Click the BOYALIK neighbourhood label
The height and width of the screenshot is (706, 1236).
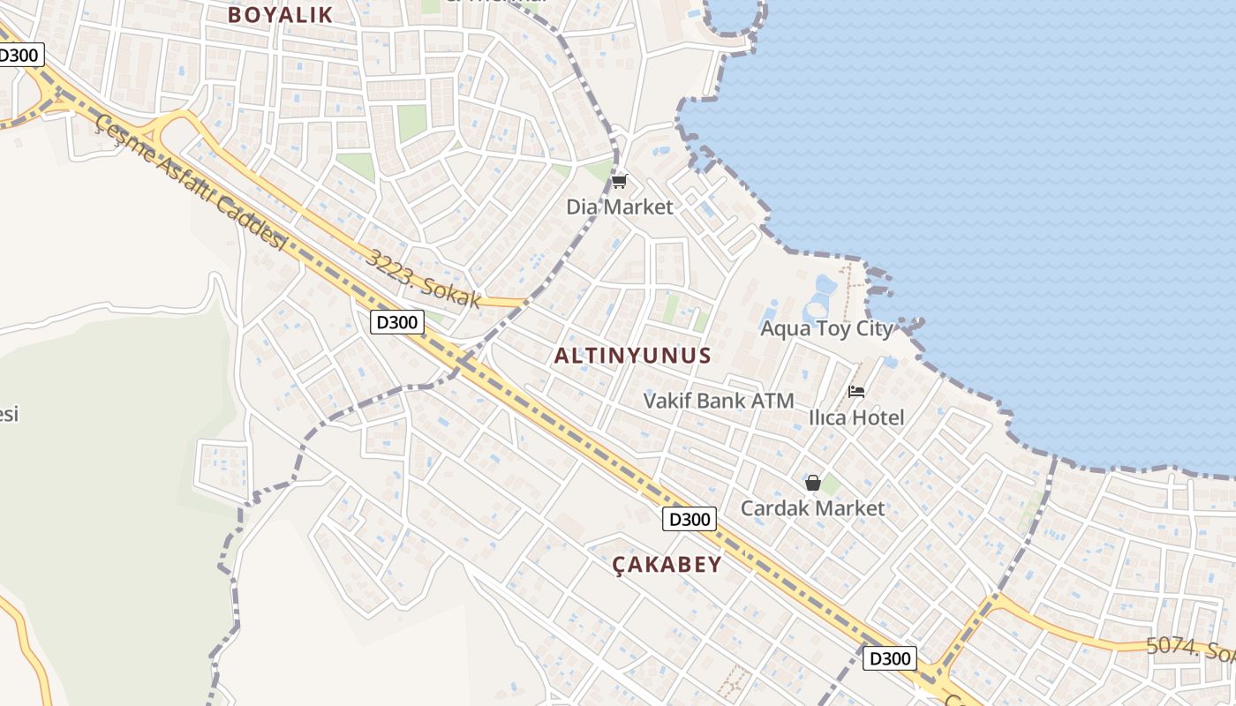click(x=280, y=15)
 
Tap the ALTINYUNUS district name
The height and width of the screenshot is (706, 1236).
click(x=632, y=356)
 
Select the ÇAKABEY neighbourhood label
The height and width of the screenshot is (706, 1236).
click(x=667, y=565)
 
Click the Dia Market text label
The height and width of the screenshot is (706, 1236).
click(x=619, y=207)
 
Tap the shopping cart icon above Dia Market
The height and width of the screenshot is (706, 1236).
click(x=619, y=182)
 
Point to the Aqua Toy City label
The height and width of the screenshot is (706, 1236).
click(x=826, y=329)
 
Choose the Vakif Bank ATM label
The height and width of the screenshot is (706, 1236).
click(x=719, y=401)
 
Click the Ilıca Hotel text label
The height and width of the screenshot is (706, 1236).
click(x=856, y=417)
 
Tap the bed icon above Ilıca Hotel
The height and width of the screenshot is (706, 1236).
click(x=855, y=392)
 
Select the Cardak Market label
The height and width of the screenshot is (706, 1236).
click(x=812, y=508)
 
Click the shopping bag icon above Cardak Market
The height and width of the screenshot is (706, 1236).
click(x=812, y=483)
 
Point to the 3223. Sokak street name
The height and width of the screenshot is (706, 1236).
click(x=425, y=280)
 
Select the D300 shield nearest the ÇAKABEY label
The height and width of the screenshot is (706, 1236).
click(x=689, y=519)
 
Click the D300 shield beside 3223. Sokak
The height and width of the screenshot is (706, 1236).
click(x=396, y=322)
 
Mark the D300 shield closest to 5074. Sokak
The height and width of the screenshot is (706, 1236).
click(x=889, y=657)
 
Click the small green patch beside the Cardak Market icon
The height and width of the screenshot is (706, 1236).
click(x=831, y=484)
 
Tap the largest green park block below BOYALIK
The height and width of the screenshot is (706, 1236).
click(x=411, y=123)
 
